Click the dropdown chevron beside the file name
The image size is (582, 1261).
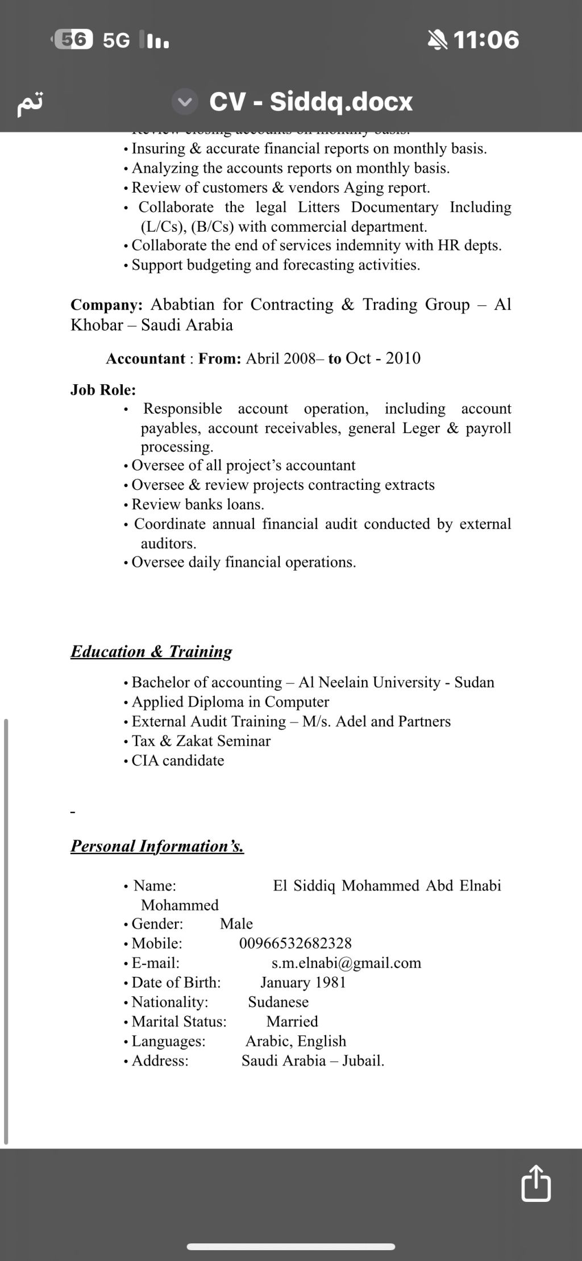click(185, 102)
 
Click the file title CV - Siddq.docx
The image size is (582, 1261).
click(310, 102)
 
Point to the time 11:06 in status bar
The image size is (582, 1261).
click(486, 40)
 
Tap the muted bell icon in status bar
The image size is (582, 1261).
click(437, 40)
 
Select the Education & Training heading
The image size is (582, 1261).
click(151, 651)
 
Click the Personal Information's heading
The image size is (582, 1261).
click(157, 846)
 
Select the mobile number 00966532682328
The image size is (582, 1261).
click(295, 943)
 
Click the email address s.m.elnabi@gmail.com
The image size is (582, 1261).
click(346, 963)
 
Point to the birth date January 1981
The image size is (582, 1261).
click(303, 983)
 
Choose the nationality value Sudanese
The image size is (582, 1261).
click(278, 1002)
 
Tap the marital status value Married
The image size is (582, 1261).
click(292, 1021)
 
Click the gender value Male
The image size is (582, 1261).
click(236, 923)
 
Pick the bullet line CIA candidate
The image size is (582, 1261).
click(177, 760)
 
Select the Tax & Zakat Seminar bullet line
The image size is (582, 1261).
click(201, 741)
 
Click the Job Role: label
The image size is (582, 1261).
click(103, 390)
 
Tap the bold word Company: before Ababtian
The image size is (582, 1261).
click(106, 305)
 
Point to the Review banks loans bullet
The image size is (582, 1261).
click(197, 505)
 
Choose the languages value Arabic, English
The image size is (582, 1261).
click(296, 1041)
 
